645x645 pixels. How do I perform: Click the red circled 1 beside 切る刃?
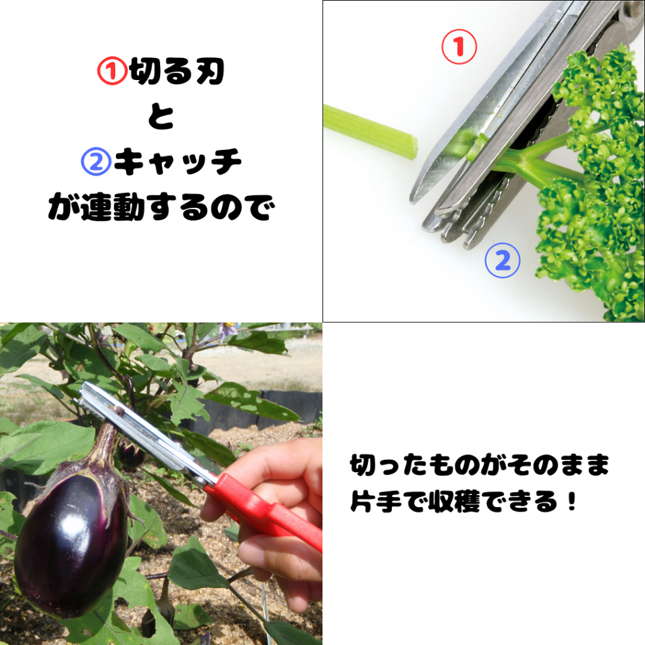[x=112, y=71]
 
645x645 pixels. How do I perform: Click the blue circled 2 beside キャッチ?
[x=96, y=162]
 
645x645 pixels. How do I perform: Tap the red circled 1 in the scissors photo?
[x=459, y=47]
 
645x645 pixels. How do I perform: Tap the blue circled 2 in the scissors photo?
[x=502, y=260]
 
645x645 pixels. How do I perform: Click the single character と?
[x=161, y=117]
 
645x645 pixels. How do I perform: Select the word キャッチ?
[x=178, y=162]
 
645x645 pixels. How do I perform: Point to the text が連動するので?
[x=161, y=207]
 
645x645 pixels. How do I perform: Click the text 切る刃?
[x=177, y=71]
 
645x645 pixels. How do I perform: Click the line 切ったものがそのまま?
[x=479, y=465]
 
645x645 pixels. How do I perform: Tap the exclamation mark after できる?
[x=571, y=501]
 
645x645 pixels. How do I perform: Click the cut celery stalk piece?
[x=370, y=132]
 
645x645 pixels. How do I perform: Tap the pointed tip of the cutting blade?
[x=413, y=201]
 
